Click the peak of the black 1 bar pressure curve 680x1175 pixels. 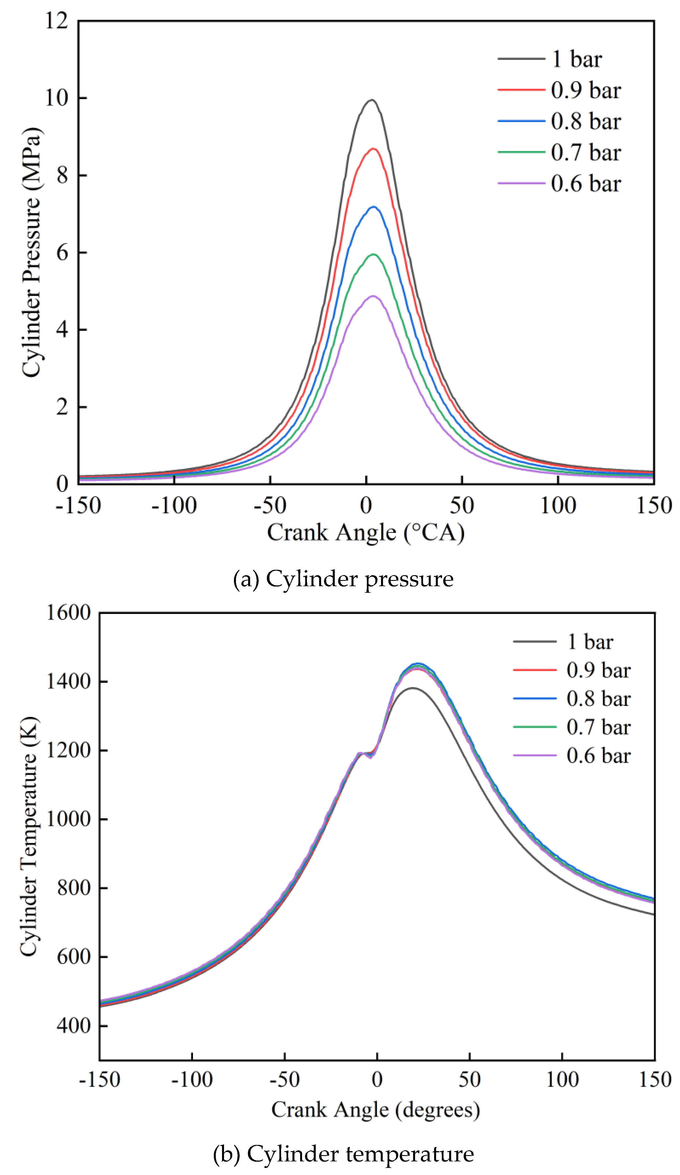point(371,100)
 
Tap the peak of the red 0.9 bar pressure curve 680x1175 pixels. point(373,149)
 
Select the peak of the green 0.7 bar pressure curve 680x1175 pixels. point(373,254)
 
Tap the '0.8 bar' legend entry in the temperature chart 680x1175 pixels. point(598,699)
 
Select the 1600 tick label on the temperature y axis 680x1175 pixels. point(68,613)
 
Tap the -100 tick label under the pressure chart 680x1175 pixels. point(174,505)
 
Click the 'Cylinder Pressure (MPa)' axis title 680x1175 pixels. point(31,252)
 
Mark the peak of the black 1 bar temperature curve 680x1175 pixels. point(412,688)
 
